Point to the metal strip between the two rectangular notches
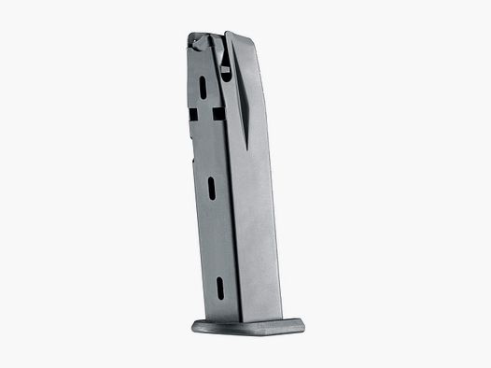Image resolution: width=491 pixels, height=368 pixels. click(x=203, y=116)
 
